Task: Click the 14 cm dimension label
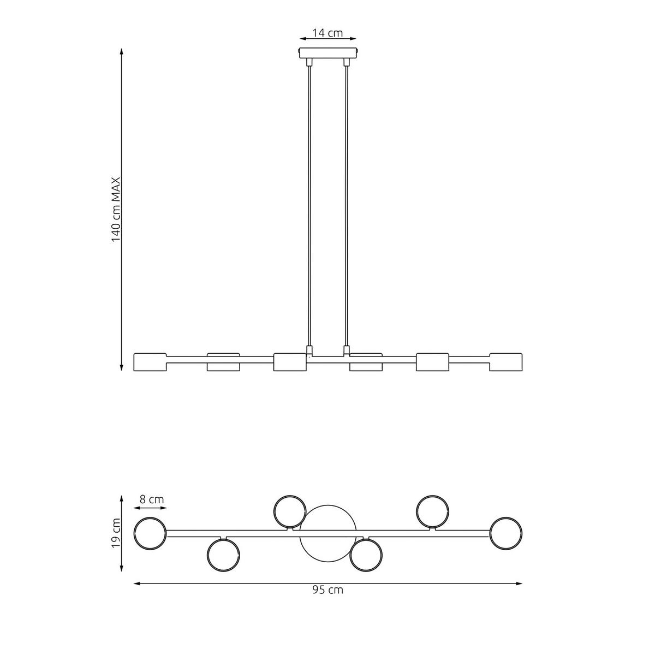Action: tap(327, 33)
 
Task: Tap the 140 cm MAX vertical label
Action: tap(116, 210)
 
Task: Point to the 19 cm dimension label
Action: tap(116, 534)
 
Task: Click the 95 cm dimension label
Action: tap(328, 589)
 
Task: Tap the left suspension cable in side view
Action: tap(309, 207)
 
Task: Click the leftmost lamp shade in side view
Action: tap(150, 362)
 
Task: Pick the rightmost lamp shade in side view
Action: tap(506, 362)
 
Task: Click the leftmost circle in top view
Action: tap(150, 533)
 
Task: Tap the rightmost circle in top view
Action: tap(506, 533)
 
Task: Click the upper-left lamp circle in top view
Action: tap(290, 511)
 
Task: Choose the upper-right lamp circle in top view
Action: tap(433, 511)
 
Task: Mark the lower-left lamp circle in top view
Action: tap(223, 555)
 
